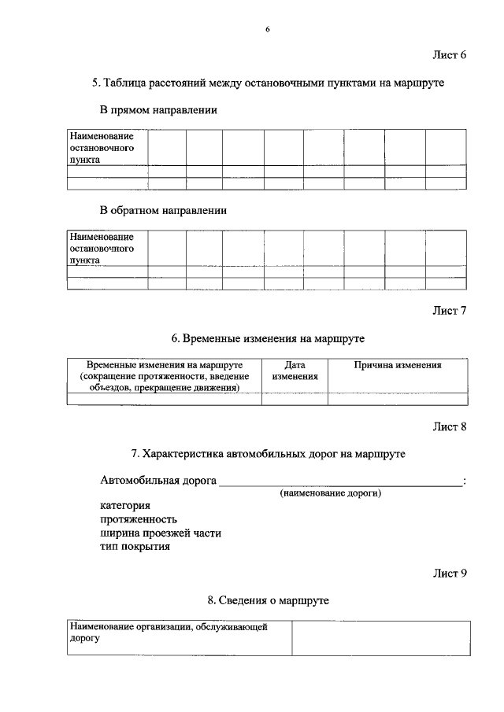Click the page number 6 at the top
(267, 29)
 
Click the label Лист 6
(450, 55)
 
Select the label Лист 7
(450, 310)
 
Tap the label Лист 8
(450, 427)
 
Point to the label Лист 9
(450, 573)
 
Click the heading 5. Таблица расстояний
(269, 83)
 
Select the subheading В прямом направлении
(158, 110)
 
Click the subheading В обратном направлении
(163, 211)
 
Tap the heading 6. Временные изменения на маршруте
(268, 338)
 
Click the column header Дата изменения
(295, 371)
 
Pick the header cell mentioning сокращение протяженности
(164, 376)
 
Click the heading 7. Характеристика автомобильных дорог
(269, 455)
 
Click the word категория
(125, 506)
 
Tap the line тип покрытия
(135, 546)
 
